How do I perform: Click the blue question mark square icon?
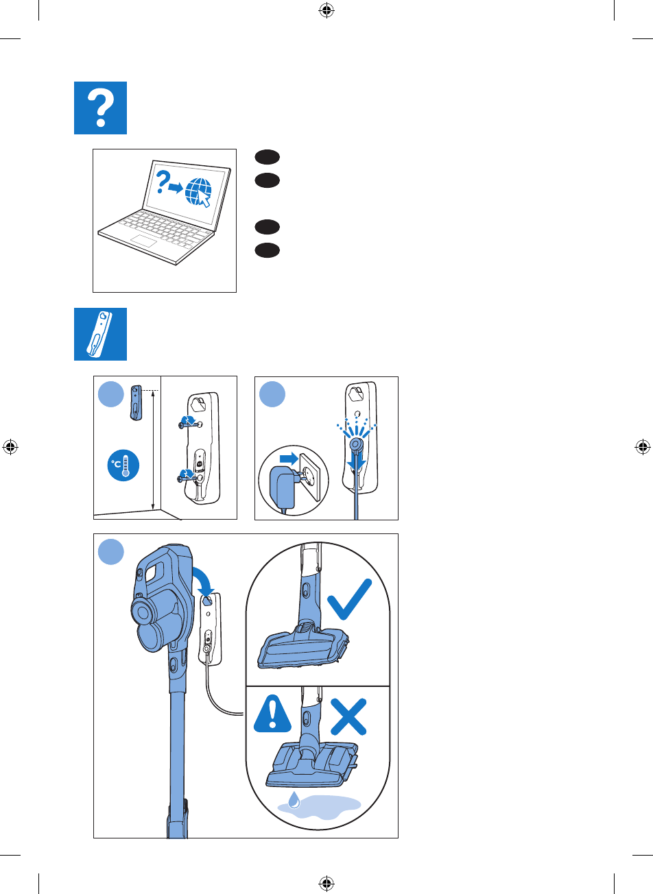point(100,108)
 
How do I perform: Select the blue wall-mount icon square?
point(100,334)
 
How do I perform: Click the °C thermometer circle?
point(123,466)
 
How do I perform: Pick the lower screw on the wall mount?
point(187,474)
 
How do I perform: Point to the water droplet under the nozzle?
point(294,801)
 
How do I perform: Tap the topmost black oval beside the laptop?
point(267,157)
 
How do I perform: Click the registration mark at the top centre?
point(326,10)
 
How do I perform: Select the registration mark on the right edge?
point(643,447)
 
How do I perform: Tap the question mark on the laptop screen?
point(163,182)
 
